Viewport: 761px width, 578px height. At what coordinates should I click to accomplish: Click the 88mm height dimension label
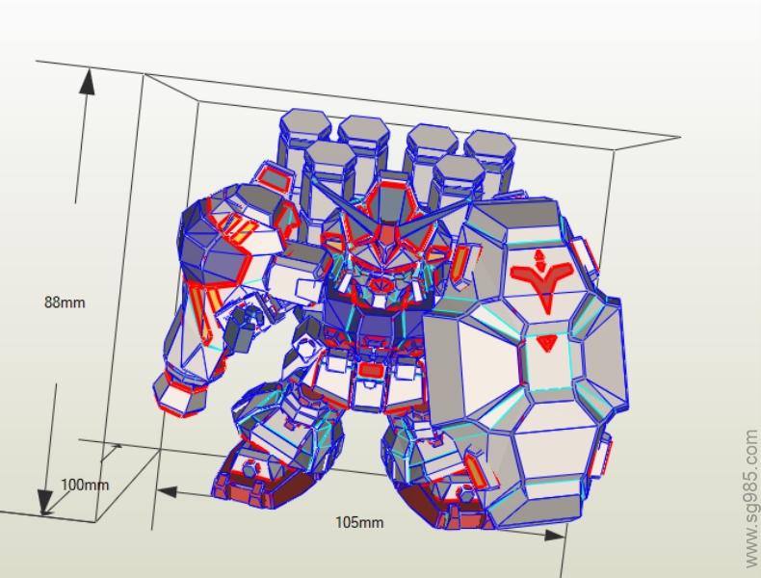[65, 302]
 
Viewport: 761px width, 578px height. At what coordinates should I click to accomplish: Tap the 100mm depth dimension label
[85, 485]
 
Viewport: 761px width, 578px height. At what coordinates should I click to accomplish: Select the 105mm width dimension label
[359, 522]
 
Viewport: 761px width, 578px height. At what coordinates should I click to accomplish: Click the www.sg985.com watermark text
[750, 498]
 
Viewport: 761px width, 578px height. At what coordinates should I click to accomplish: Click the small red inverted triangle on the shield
[547, 343]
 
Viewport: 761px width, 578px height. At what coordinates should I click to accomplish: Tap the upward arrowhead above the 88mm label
[88, 81]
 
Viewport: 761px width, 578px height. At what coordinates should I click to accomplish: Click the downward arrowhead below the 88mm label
[45, 501]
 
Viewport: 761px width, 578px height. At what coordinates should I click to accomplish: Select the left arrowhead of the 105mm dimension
[167, 492]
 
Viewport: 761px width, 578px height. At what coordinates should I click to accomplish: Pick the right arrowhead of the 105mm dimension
[554, 535]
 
